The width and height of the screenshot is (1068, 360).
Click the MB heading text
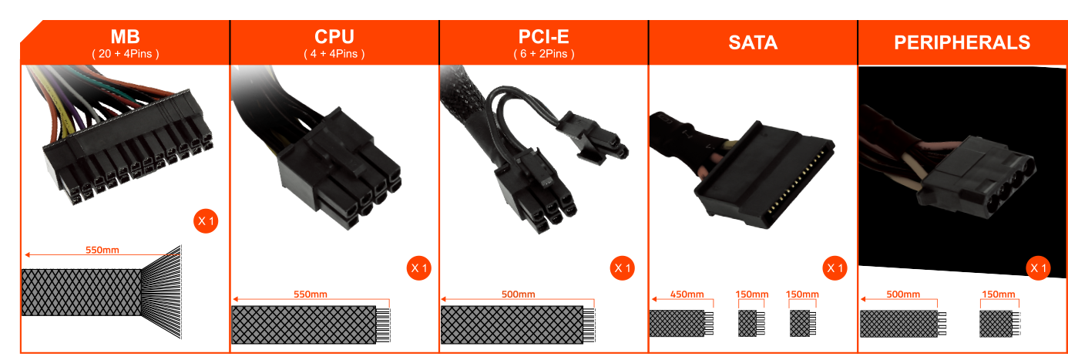pyautogui.click(x=126, y=37)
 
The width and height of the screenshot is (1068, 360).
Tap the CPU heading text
pyautogui.click(x=334, y=37)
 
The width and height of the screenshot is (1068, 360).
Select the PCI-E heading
pyautogui.click(x=543, y=37)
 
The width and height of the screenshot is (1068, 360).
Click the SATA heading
pyautogui.click(x=753, y=42)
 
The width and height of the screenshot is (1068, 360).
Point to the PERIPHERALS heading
pyautogui.click(x=962, y=42)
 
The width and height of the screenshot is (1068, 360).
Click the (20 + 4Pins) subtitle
pyautogui.click(x=126, y=54)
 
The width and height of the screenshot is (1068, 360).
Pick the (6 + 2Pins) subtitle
pyautogui.click(x=544, y=54)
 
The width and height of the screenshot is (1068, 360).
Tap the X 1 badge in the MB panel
pyautogui.click(x=206, y=220)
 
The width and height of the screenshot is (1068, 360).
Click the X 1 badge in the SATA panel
pyautogui.click(x=835, y=268)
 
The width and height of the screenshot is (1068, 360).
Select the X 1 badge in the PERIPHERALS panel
pyautogui.click(x=1038, y=268)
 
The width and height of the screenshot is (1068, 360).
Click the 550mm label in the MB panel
pyautogui.click(x=102, y=250)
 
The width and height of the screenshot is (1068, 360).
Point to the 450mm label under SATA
pyautogui.click(x=687, y=294)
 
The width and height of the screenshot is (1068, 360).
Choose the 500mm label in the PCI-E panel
pyautogui.click(x=519, y=294)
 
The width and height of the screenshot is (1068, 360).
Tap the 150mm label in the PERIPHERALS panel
pyautogui.click(x=999, y=294)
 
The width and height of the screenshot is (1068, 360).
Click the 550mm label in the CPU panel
pyautogui.click(x=311, y=294)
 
